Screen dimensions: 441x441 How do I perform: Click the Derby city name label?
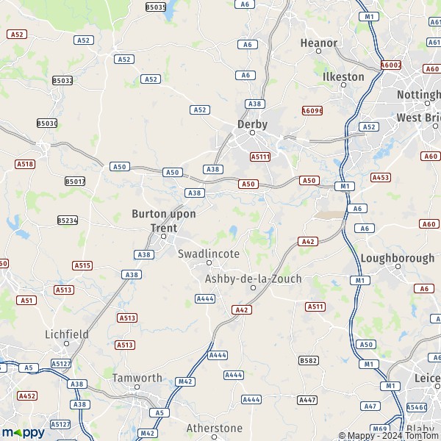pyautogui.click(x=252, y=124)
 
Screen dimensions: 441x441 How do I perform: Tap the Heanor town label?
pyautogui.click(x=319, y=43)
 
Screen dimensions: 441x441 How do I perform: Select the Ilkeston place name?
pyautogui.click(x=343, y=76)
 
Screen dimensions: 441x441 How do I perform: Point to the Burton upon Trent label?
pyautogui.click(x=163, y=220)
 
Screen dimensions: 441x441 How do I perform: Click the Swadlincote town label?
pyautogui.click(x=209, y=254)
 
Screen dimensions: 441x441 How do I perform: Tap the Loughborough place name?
pyautogui.click(x=397, y=258)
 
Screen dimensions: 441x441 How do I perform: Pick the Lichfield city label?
pyautogui.click(x=67, y=334)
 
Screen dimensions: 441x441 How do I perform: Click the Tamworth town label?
pyautogui.click(x=137, y=378)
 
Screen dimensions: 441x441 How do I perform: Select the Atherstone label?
pyautogui.click(x=214, y=428)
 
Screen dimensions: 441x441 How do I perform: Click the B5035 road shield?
pyautogui.click(x=156, y=7)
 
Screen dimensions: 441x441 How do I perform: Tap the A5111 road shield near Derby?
pyautogui.click(x=260, y=157)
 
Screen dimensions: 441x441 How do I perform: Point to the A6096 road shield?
pyautogui.click(x=312, y=111)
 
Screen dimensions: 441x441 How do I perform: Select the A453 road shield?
pyautogui.click(x=381, y=177)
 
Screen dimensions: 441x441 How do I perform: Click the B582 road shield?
pyautogui.click(x=309, y=360)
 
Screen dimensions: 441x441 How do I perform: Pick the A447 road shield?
pyautogui.click(x=307, y=399)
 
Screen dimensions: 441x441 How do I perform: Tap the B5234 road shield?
pyautogui.click(x=68, y=220)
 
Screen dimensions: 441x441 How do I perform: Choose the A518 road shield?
pyautogui.click(x=25, y=164)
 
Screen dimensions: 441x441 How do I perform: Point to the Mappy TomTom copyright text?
pyautogui.click(x=388, y=436)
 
